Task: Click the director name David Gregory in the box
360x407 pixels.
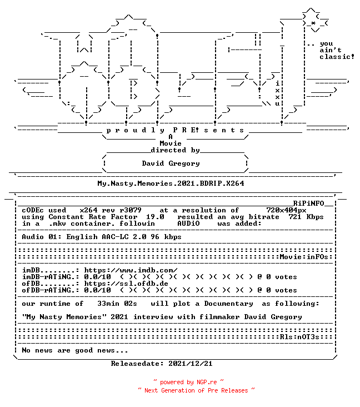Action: tap(171, 163)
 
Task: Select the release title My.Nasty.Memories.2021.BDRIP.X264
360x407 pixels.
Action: tap(171, 183)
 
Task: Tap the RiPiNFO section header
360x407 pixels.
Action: tap(309, 203)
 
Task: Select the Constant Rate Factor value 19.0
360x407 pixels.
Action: tap(155, 217)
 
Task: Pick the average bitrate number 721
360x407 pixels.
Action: tap(295, 217)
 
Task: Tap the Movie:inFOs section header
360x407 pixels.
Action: tap(304, 257)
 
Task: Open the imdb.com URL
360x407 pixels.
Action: tap(131, 270)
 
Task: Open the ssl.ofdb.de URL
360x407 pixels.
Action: tap(126, 284)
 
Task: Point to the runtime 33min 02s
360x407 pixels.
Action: tap(117, 304)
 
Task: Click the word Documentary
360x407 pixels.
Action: tap(228, 304)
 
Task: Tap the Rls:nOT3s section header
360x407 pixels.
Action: tap(299, 337)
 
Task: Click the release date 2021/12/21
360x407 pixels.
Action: tap(191, 364)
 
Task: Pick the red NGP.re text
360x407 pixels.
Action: tap(207, 382)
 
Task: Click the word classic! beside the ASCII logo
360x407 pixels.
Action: tap(337, 57)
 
